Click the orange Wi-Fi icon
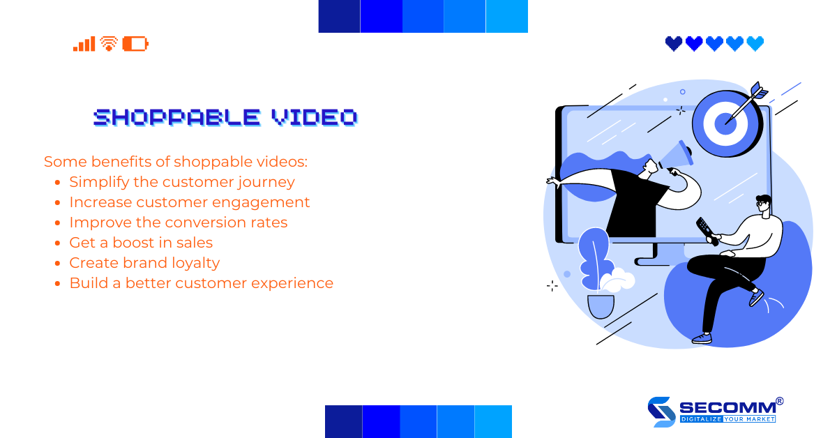pyautogui.click(x=108, y=44)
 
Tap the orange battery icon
pyautogui.click(x=135, y=44)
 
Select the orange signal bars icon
pyautogui.click(x=84, y=44)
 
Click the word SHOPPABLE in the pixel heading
pyautogui.click(x=176, y=117)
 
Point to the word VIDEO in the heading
pyautogui.click(x=314, y=117)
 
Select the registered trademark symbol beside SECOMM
pyautogui.click(x=779, y=401)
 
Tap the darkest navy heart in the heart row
pyautogui.click(x=674, y=44)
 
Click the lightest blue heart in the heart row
pyautogui.click(x=755, y=44)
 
